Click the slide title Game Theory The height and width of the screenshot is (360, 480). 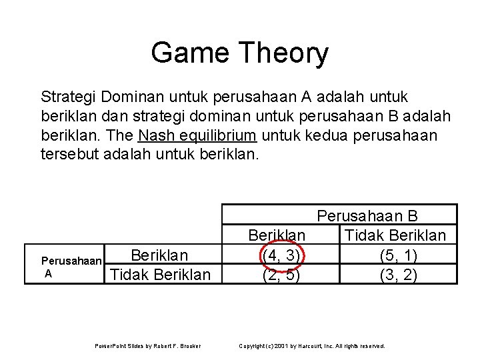[239, 53]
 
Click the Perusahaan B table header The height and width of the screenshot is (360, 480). [377, 217]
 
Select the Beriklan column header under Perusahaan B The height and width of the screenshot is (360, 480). [277, 236]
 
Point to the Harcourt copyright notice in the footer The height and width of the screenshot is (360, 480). [312, 345]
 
